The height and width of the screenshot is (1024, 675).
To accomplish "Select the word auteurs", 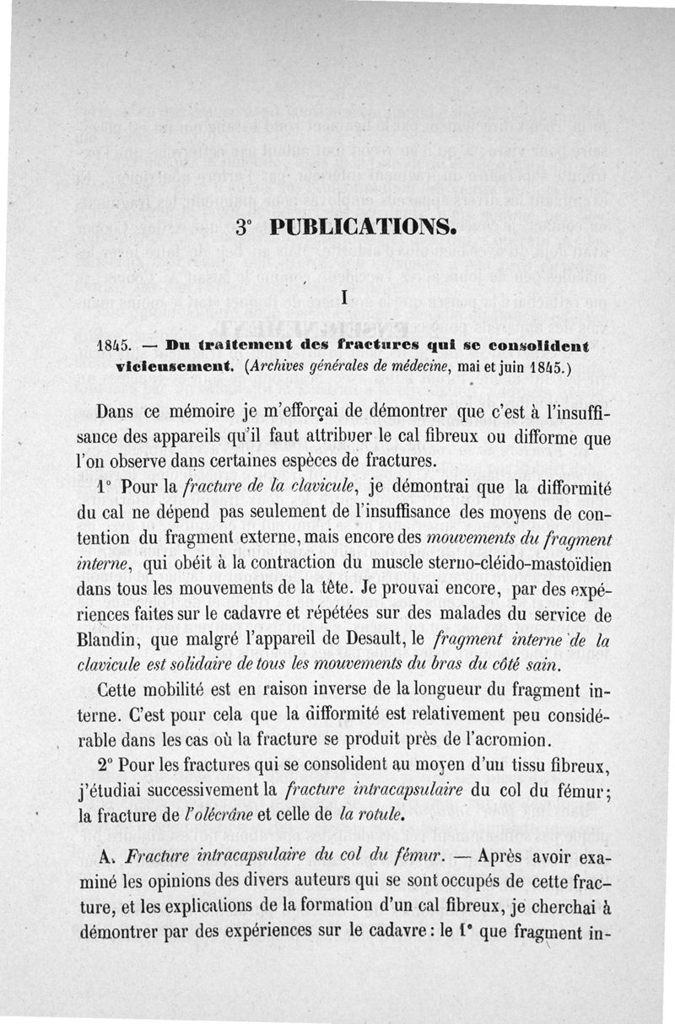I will point(325,885).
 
